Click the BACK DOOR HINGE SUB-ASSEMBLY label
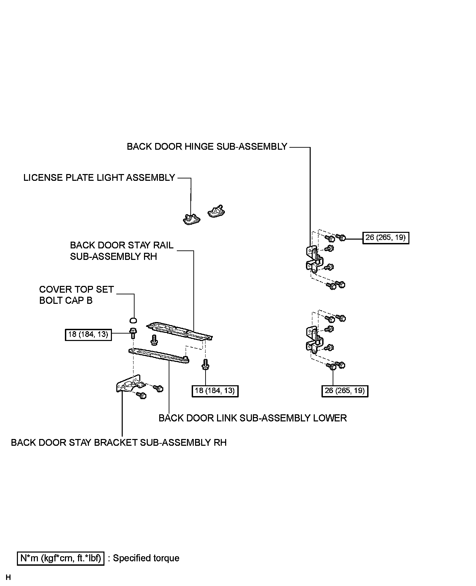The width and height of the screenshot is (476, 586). (x=207, y=147)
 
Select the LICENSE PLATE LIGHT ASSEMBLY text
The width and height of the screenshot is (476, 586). (x=99, y=178)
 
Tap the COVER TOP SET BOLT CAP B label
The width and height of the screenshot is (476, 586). (x=76, y=295)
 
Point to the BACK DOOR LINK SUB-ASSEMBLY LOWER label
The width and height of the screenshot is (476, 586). (x=253, y=418)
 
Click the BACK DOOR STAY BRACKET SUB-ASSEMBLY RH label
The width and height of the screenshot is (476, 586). (x=119, y=442)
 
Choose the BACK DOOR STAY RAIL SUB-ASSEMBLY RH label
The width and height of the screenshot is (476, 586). (x=121, y=251)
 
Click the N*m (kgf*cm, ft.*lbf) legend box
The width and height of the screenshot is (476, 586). (x=61, y=558)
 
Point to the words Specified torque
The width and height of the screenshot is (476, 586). (x=146, y=558)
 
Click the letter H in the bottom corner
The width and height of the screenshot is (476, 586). (x=8, y=577)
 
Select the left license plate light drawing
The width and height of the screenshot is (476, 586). (x=191, y=219)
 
